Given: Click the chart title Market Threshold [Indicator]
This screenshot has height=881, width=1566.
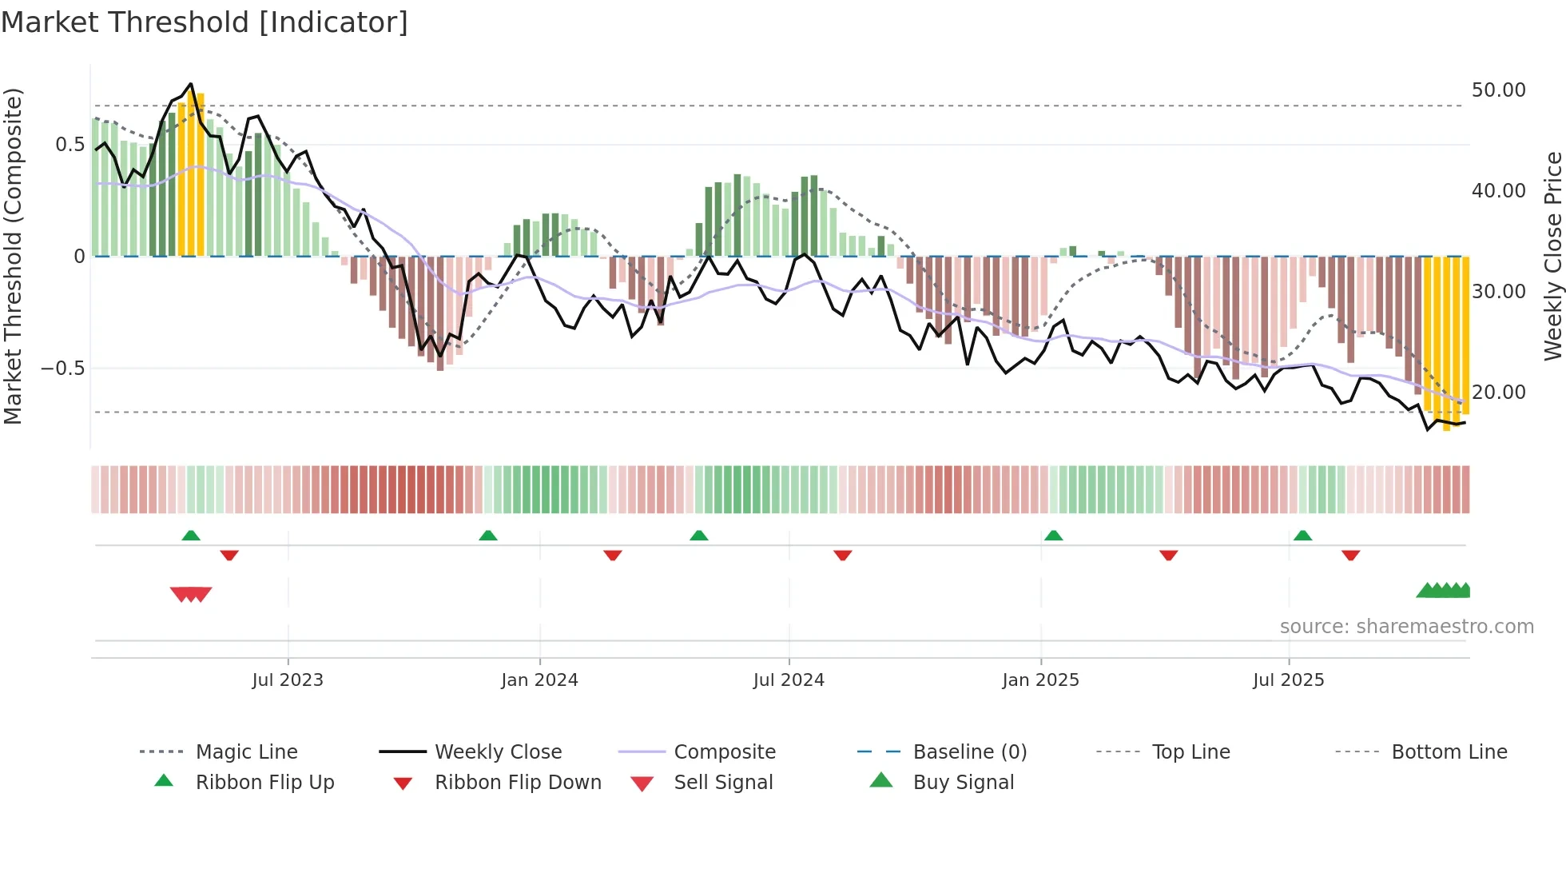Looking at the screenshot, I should pos(205,22).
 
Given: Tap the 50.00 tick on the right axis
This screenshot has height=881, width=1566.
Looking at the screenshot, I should pos(1498,90).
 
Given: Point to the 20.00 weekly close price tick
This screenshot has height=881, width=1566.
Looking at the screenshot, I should pos(1498,393).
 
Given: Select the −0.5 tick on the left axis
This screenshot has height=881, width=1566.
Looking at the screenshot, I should pos(62,369).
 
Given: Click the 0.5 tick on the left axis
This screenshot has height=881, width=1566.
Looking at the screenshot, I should pos(70,145).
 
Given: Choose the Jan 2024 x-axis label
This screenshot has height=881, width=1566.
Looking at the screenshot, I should pos(539,680).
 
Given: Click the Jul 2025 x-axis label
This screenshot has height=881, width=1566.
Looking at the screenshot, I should pos(1288,680).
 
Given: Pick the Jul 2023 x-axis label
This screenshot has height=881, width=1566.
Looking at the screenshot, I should pos(288,680).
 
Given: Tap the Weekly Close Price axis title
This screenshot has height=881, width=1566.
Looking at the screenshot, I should pos(1552,256).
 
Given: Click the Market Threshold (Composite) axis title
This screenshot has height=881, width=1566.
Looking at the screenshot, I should pos(13,256).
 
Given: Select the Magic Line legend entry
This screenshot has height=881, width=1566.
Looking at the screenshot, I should pos(246,752).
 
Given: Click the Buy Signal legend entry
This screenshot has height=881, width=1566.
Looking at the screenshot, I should pos(963,783).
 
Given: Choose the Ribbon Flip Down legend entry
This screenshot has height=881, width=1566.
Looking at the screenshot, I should pos(517,783).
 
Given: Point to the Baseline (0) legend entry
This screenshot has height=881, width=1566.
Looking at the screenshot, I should pos(969,752).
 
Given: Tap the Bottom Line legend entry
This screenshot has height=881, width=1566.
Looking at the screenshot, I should pos(1449,752).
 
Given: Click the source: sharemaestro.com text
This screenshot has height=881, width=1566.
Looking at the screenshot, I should pos(1406,627).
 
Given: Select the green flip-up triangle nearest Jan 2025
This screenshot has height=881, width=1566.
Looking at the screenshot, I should pos(1053,536).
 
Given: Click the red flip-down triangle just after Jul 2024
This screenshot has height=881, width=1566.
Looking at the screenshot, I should pos(842,555).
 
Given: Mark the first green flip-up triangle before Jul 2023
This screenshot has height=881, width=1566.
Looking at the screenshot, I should pos(191,536).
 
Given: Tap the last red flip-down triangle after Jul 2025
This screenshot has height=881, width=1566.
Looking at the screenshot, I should pos(1350,555).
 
